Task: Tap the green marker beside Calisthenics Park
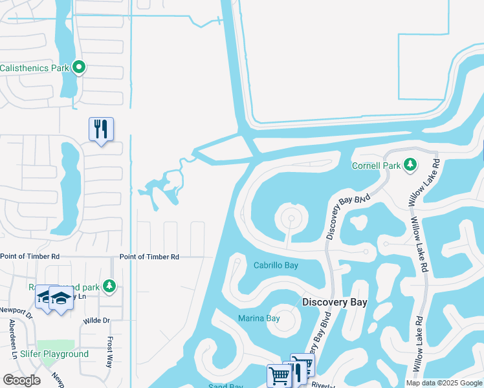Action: coord(79,67)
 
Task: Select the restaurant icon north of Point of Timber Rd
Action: coord(101,129)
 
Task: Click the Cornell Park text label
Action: coord(375,165)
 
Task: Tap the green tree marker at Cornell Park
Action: coord(410,164)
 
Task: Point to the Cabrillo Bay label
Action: coord(276,265)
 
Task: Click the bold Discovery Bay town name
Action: coord(335,302)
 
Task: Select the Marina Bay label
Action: coord(259,318)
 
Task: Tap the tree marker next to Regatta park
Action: coord(109,285)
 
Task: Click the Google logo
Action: coord(21,380)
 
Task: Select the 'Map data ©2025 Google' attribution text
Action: coord(444,383)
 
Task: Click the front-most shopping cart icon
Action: coord(279,375)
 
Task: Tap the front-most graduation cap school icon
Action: coord(61,299)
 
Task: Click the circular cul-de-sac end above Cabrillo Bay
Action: coord(291,219)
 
